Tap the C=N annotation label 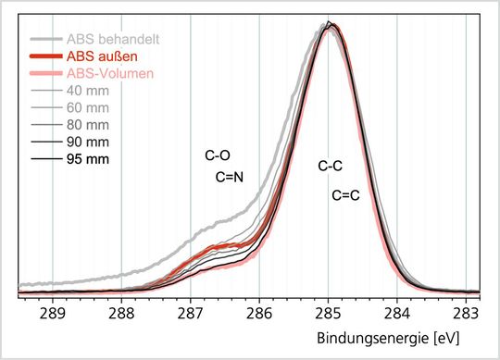coord(229,177)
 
